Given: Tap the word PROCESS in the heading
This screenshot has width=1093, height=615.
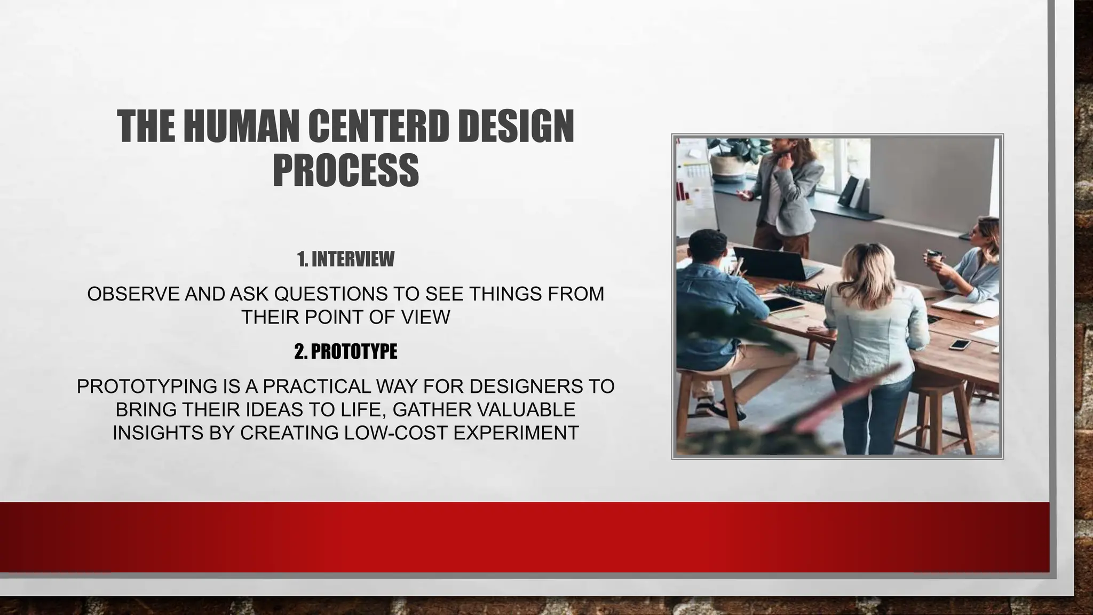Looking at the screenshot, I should pyautogui.click(x=346, y=170).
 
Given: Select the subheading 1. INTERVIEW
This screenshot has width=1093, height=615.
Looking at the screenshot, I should pyautogui.click(x=346, y=259).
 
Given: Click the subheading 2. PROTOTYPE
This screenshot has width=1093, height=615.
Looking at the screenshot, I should pyautogui.click(x=346, y=351).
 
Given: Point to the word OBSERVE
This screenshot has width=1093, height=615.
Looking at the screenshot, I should pyautogui.click(x=133, y=294).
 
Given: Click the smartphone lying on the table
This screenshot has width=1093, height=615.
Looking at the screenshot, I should pyautogui.click(x=959, y=344).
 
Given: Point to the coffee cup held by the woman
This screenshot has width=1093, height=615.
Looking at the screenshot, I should pyautogui.click(x=933, y=256).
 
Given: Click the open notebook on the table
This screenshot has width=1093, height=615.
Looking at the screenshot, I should pyautogui.click(x=966, y=306).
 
